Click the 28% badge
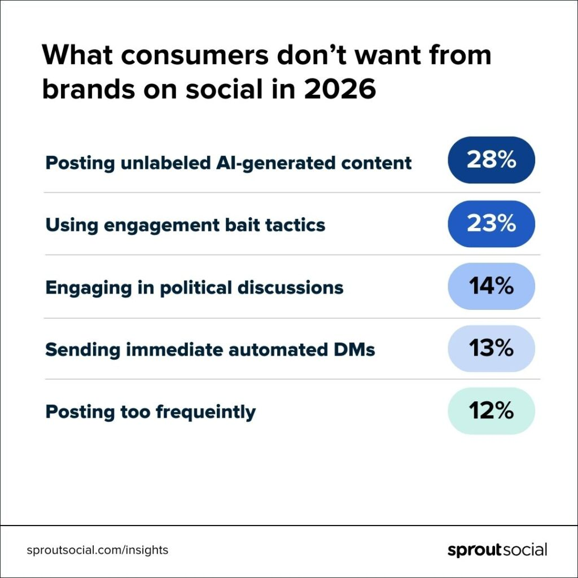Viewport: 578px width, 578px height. point(491,160)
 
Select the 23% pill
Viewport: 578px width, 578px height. point(491,224)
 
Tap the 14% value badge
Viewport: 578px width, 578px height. point(491,286)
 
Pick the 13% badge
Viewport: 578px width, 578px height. point(491,349)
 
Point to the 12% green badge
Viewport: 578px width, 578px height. point(491,411)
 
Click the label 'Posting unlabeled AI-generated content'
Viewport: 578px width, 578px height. point(228,163)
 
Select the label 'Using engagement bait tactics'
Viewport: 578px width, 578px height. point(185,225)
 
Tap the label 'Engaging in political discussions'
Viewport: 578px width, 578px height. point(194,287)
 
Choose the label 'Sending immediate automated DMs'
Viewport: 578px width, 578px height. point(210,349)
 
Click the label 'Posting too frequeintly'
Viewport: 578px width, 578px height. point(150,411)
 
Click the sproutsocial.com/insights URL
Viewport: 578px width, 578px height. point(97,550)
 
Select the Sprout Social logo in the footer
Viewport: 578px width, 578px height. point(497,550)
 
